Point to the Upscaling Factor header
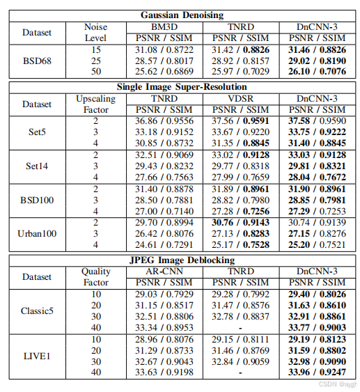(96, 104)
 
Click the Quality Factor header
(96, 277)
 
